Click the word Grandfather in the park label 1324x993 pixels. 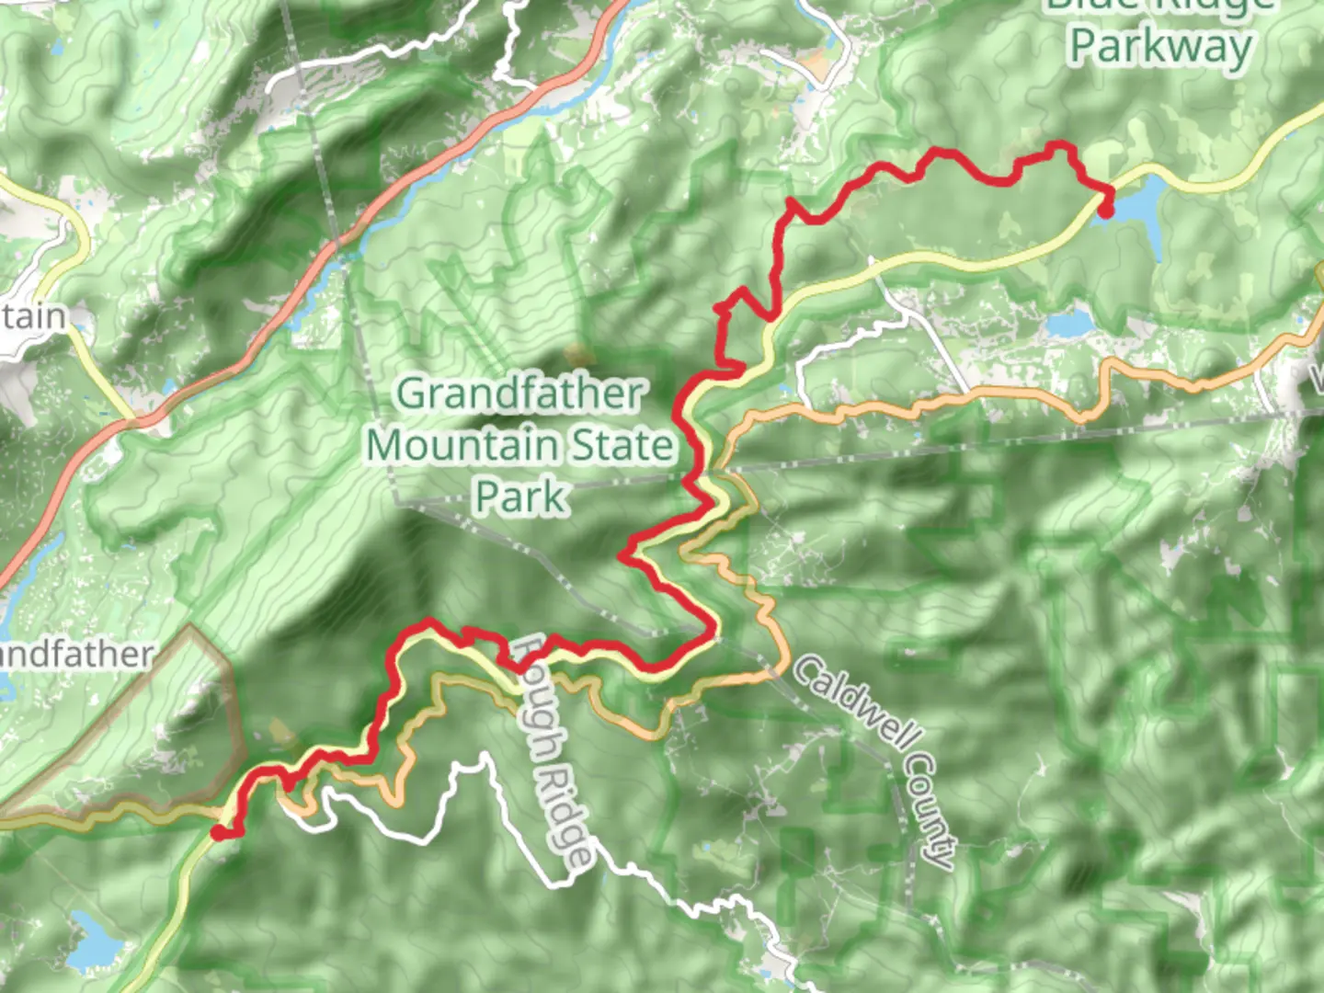click(x=520, y=394)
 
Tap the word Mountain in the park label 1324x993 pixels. click(x=464, y=446)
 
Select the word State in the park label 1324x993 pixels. click(x=623, y=446)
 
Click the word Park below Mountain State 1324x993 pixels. click(x=521, y=496)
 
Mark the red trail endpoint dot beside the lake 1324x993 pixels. click(x=1106, y=211)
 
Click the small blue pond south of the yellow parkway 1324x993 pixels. click(x=1068, y=323)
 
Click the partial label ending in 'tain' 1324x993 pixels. click(x=34, y=317)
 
